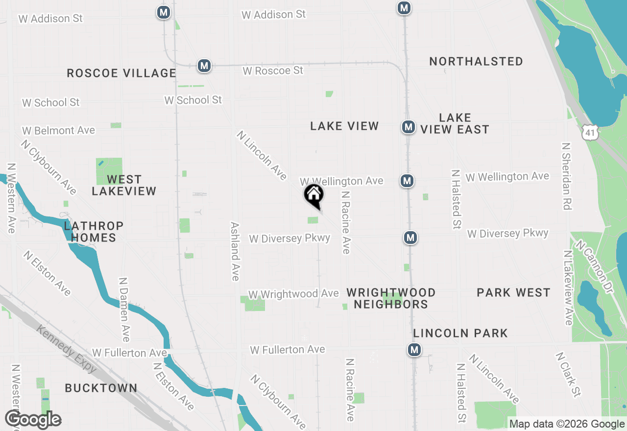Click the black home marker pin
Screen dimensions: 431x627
coord(314,194)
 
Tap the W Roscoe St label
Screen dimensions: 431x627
coord(273,71)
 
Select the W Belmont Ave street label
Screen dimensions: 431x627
coord(58,131)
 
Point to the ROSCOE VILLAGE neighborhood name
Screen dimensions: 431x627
coord(121,73)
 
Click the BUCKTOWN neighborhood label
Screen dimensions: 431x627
coord(101,388)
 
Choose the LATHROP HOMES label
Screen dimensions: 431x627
coord(93,232)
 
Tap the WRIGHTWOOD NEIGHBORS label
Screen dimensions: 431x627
coord(391,298)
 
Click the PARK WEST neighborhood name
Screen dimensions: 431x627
coord(513,293)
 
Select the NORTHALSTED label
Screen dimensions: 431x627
coord(476,62)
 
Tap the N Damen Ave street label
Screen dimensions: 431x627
coord(124,310)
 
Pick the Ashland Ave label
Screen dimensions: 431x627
coord(235,251)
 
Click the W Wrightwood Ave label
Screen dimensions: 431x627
coord(293,294)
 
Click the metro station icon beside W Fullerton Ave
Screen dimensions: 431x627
coord(414,350)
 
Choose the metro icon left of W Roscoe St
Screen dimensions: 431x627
coord(204,65)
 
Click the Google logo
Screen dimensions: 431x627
coord(33,420)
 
